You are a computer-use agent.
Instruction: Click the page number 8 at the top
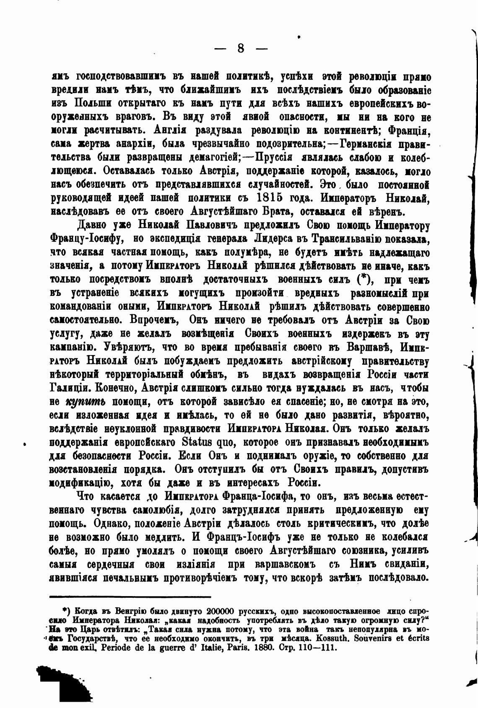[240, 48]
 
